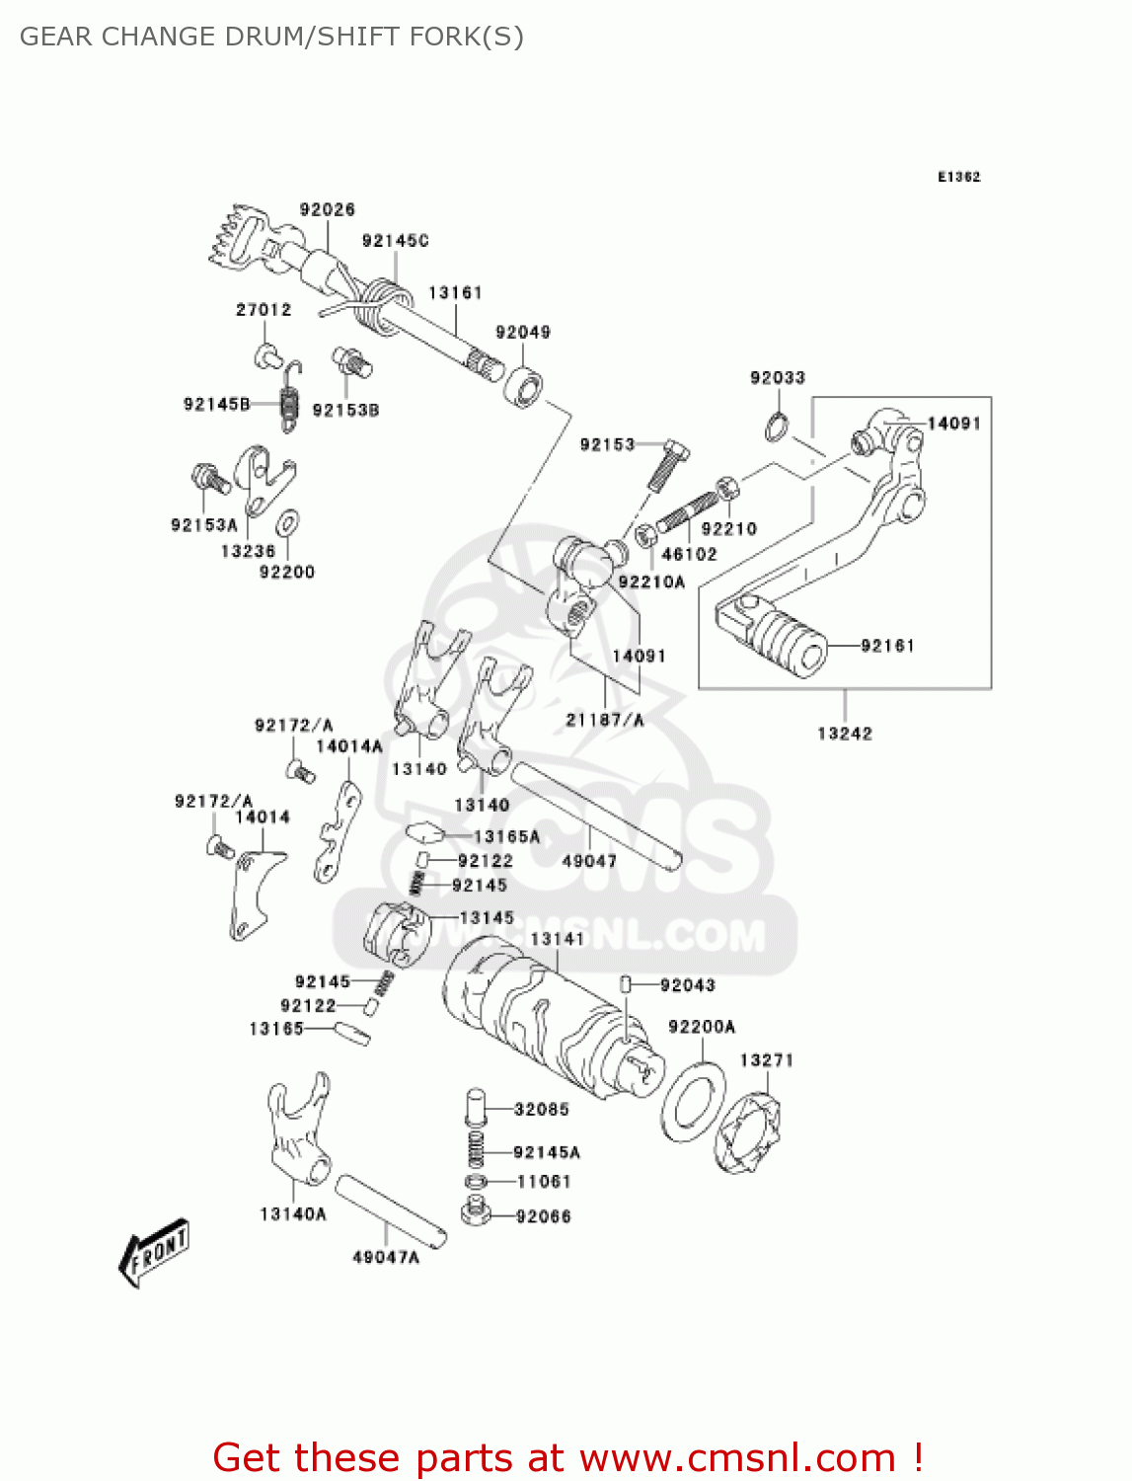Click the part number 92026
328,209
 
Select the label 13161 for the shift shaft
455,292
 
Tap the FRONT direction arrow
154,1252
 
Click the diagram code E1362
958,177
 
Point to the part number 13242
845,733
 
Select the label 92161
887,646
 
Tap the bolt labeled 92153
668,465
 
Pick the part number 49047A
386,1257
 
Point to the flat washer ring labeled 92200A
694,1101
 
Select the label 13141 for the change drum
558,939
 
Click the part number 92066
543,1216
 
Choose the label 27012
264,309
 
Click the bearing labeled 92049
524,386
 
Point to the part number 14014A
348,746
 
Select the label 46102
689,554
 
